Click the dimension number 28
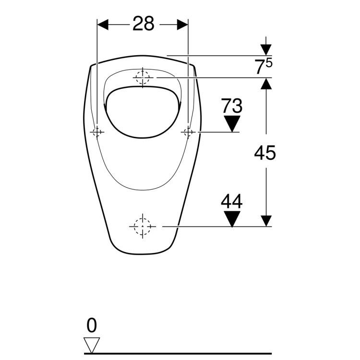143,24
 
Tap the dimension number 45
264,153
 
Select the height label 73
232,106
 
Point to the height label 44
232,201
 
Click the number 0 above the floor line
92,325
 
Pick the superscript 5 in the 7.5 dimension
269,63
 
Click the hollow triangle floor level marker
92,345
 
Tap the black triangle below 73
232,124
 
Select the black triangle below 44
232,219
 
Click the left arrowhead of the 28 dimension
103,24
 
